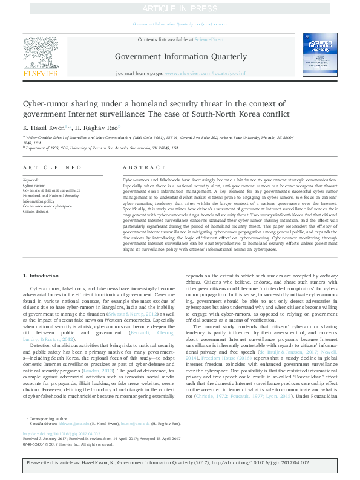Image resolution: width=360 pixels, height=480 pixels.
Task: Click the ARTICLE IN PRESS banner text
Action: point(180,8)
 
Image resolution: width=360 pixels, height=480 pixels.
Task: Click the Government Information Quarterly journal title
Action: point(181,57)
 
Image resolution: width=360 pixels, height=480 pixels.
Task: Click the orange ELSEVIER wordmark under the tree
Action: point(41,74)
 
